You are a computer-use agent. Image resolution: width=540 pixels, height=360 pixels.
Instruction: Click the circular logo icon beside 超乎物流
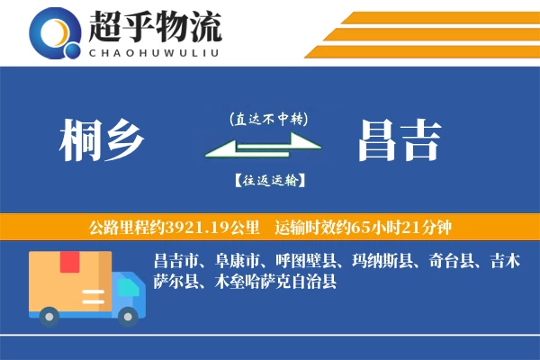55,33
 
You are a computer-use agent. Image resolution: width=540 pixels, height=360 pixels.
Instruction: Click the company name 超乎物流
154,26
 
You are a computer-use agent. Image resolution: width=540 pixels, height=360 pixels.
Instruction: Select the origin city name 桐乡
101,139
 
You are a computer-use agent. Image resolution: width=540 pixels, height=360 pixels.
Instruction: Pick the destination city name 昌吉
399,139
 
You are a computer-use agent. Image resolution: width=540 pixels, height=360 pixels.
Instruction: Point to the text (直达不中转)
268,118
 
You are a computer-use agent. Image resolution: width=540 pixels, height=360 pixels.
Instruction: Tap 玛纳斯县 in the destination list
382,262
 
